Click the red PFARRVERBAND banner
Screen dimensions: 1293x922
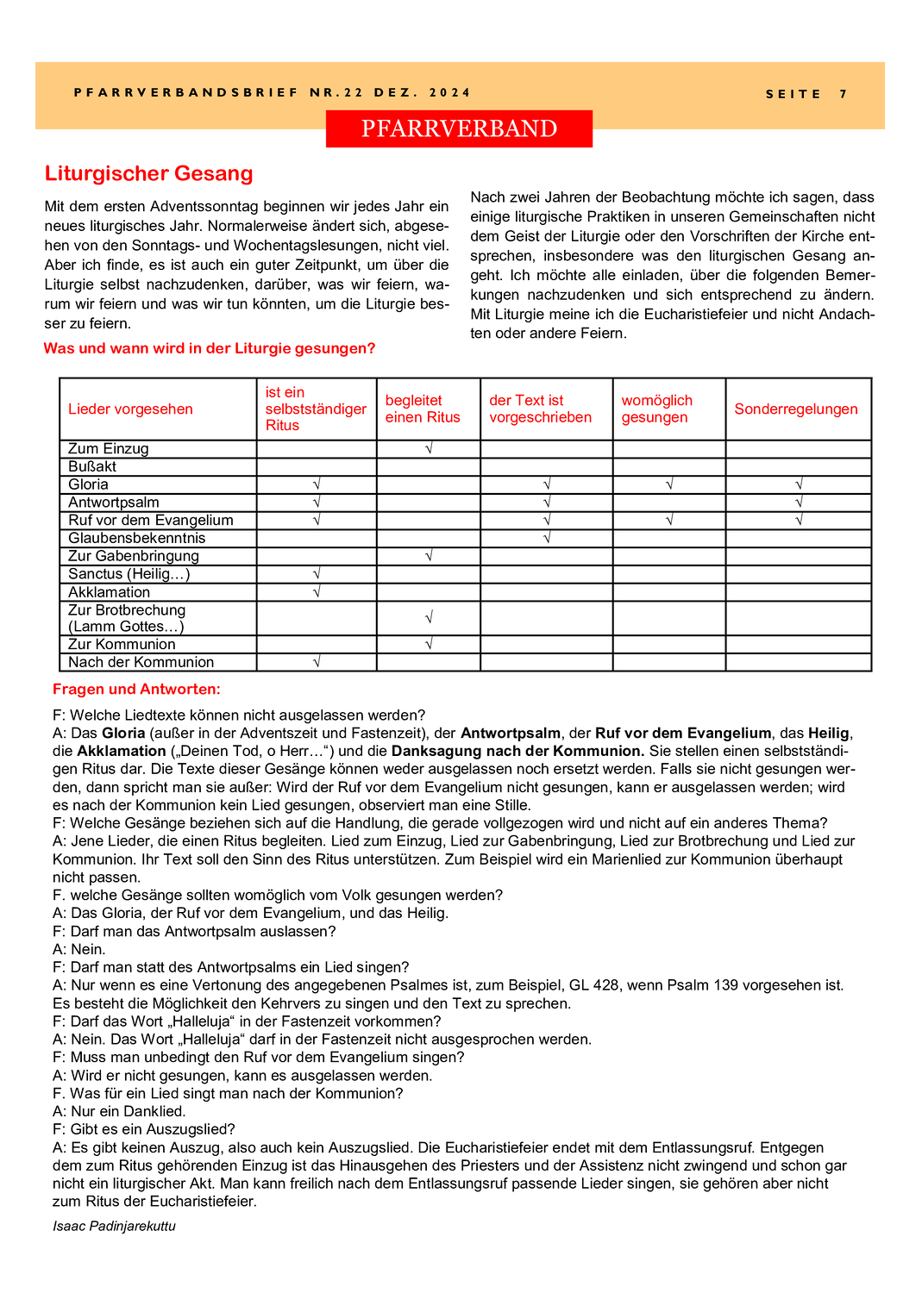point(459,128)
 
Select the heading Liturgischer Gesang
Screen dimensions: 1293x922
point(148,173)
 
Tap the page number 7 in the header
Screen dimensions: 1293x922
point(844,94)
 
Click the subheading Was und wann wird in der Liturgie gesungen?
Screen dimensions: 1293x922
point(210,348)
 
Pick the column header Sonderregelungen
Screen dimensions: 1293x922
point(795,409)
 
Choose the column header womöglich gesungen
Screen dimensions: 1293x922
point(656,409)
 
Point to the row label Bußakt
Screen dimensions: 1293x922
point(92,466)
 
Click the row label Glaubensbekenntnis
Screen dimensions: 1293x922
point(136,538)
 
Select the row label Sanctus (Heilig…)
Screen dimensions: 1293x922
point(129,574)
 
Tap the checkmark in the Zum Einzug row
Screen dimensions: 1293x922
point(429,448)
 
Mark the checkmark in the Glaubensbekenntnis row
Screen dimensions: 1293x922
point(547,538)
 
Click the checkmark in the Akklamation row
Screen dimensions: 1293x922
point(317,592)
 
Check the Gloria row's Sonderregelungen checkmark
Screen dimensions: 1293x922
point(799,484)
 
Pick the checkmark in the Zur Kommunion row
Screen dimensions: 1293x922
point(429,644)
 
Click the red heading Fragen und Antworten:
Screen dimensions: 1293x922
point(136,689)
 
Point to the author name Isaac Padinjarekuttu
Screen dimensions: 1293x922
point(114,1226)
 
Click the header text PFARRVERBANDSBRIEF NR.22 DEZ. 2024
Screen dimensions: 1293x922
point(273,93)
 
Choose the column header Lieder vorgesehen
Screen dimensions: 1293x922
point(130,409)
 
